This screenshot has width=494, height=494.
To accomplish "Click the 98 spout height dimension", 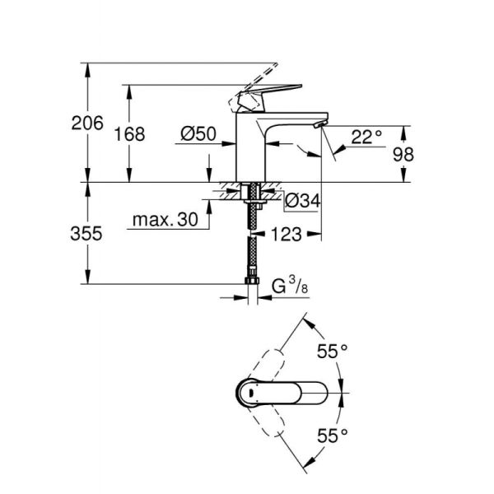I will (x=426, y=154).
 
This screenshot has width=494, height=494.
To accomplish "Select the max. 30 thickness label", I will (x=165, y=221).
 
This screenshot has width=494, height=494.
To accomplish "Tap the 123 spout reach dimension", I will (x=284, y=235).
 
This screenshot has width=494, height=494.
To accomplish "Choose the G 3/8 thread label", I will (x=288, y=287).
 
